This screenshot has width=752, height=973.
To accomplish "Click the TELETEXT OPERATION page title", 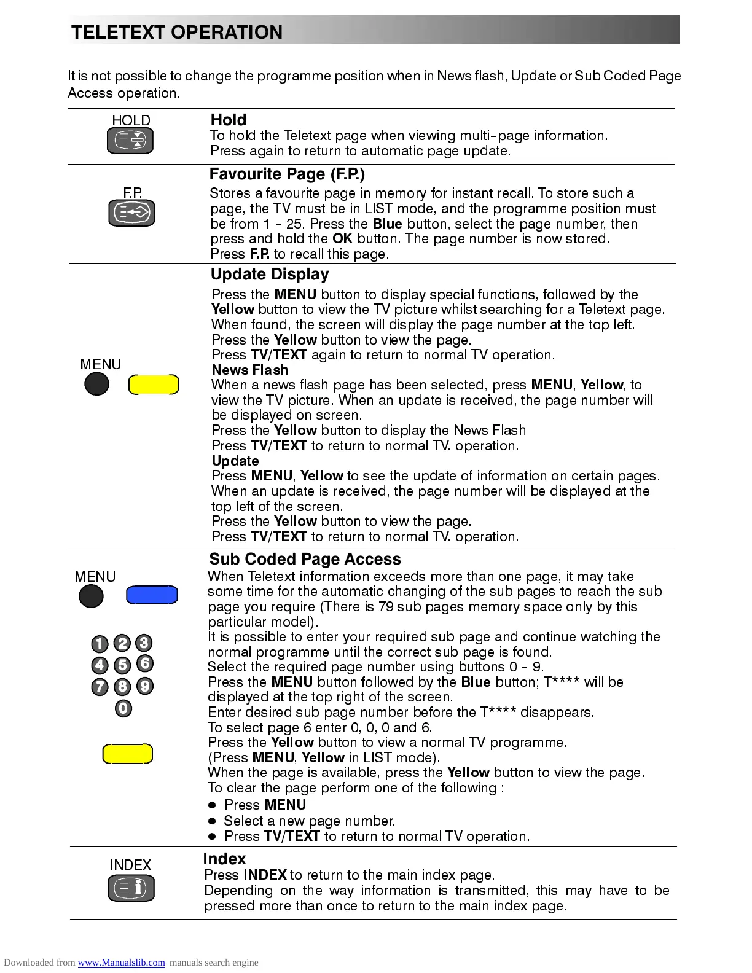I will pyautogui.click(x=177, y=32).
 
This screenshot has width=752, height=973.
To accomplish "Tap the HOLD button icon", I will pyautogui.click(x=130, y=141).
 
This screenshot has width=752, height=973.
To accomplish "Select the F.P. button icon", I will pyautogui.click(x=131, y=213).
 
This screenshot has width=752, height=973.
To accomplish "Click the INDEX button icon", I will pyautogui.click(x=131, y=888).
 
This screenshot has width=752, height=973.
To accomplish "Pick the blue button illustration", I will pyautogui.click(x=152, y=595).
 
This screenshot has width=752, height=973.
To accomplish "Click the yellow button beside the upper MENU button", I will pyautogui.click(x=154, y=385).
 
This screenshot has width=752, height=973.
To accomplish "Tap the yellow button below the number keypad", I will pyautogui.click(x=127, y=754).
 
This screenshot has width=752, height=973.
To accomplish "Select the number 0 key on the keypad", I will pyautogui.click(x=123, y=709).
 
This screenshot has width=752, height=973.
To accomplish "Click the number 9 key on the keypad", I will pyautogui.click(x=144, y=686).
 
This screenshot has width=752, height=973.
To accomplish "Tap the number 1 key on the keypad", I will pyautogui.click(x=100, y=644).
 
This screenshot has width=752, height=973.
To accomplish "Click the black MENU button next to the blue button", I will pyautogui.click(x=91, y=596).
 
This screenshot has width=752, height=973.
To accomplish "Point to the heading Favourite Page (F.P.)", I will pyautogui.click(x=287, y=174).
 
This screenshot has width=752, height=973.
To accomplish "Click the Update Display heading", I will pyautogui.click(x=270, y=275).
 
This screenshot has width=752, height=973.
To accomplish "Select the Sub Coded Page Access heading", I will pyautogui.click(x=305, y=559).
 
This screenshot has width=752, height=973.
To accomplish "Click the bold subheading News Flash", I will pyautogui.click(x=249, y=370).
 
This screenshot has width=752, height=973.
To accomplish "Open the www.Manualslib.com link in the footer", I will pyautogui.click(x=121, y=963).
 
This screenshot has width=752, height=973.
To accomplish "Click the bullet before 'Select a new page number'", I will pyautogui.click(x=213, y=821).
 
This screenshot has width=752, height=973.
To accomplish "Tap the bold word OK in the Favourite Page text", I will pyautogui.click(x=342, y=238).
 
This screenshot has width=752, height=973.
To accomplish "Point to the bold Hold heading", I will pyautogui.click(x=229, y=120).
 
